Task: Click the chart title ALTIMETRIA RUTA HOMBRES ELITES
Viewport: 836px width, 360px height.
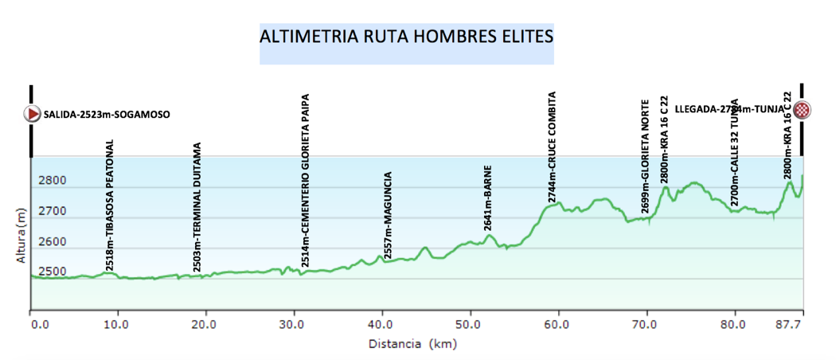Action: (406, 37)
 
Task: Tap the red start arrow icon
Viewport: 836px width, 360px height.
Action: (33, 114)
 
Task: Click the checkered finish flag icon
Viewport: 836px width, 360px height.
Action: (804, 110)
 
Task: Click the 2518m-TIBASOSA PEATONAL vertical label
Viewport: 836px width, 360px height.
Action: (110, 205)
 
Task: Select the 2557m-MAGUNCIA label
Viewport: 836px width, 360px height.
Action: (387, 213)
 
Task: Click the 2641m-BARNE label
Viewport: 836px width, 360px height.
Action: (488, 198)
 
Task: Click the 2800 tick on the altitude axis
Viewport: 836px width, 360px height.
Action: (53, 181)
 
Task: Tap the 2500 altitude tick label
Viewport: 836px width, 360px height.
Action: (53, 272)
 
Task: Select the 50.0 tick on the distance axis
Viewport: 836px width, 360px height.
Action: (469, 325)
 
